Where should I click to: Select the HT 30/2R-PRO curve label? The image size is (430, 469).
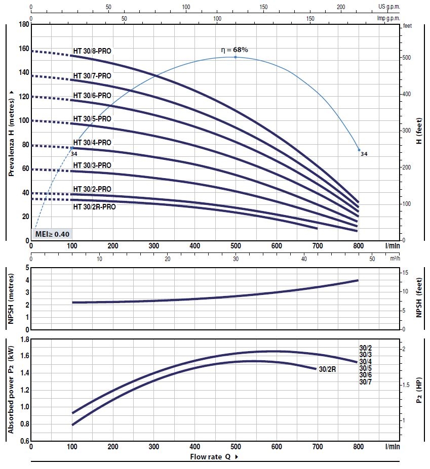coord(95,206)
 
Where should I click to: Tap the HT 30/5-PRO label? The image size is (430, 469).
coord(92,118)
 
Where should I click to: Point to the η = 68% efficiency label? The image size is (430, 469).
coord(234,50)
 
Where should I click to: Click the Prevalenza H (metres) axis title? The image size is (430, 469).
coord(11,133)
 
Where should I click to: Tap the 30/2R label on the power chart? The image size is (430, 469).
coord(328,369)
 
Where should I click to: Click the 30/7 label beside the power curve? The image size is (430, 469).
coord(366,382)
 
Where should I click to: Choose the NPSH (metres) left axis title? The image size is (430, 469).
coord(11,297)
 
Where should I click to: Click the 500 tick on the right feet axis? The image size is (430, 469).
coord(406,58)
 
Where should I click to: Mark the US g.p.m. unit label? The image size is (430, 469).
coord(389,7)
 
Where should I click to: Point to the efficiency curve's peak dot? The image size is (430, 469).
coord(236,57)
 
